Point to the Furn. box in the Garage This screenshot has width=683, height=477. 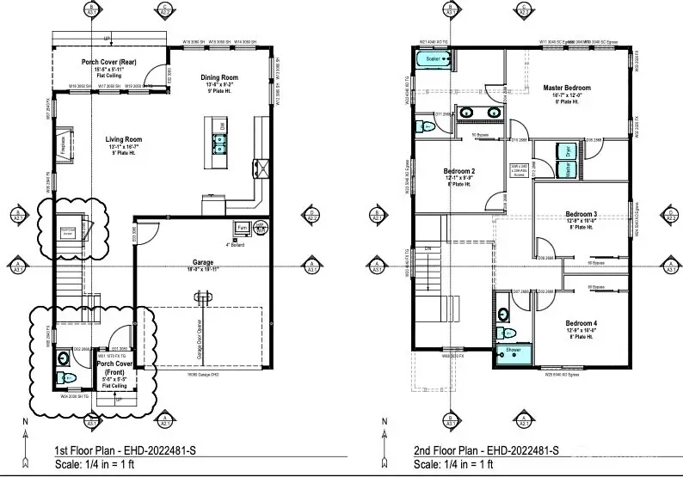pyautogui.click(x=243, y=228)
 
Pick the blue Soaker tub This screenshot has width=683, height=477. pyautogui.click(x=431, y=60)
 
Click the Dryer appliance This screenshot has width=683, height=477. pyautogui.click(x=567, y=150)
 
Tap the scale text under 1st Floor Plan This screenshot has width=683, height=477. pyautogui.click(x=72, y=464)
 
